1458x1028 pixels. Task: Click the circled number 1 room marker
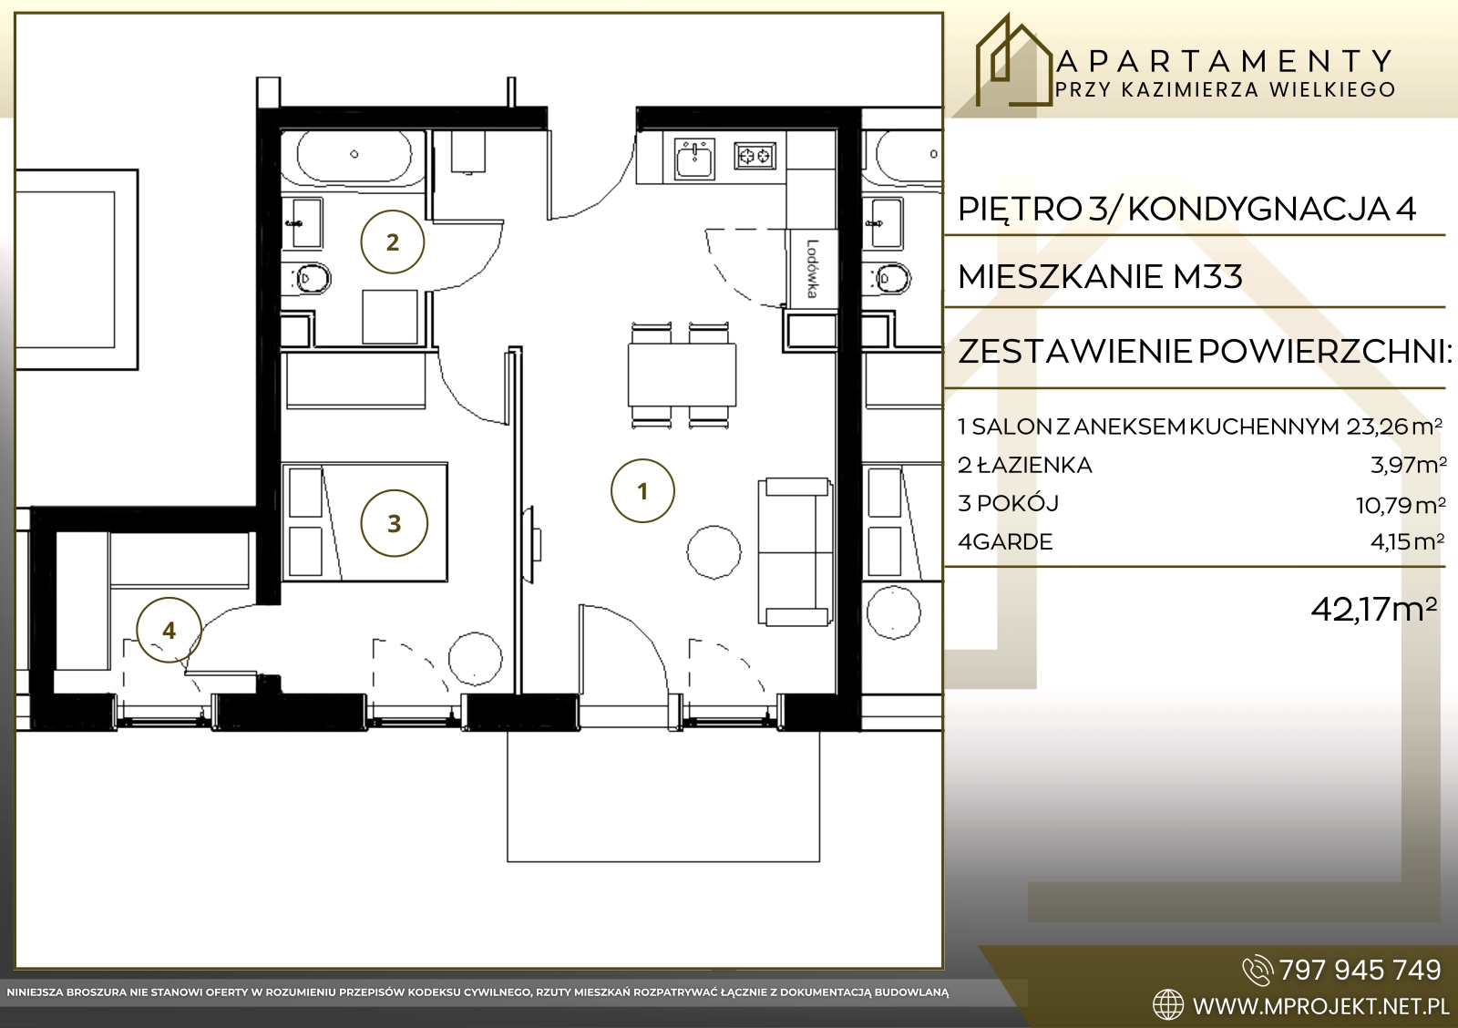click(642, 491)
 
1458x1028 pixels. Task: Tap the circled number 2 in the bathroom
click(392, 242)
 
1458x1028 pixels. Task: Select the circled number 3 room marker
click(394, 523)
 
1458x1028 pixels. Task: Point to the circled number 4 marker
click(169, 631)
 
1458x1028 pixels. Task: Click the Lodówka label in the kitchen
click(812, 269)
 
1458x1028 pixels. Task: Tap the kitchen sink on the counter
click(694, 158)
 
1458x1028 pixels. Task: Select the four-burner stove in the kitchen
click(755, 156)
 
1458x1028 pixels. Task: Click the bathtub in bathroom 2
click(354, 155)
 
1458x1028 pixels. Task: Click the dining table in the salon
click(682, 375)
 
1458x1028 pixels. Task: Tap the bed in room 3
click(364, 521)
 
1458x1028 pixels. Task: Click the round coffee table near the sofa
click(714, 552)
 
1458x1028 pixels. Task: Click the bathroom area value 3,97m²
click(1408, 465)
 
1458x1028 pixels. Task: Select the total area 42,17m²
click(1373, 609)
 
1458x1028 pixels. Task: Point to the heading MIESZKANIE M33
click(1101, 276)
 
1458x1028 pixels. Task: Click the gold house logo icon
click(1013, 60)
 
